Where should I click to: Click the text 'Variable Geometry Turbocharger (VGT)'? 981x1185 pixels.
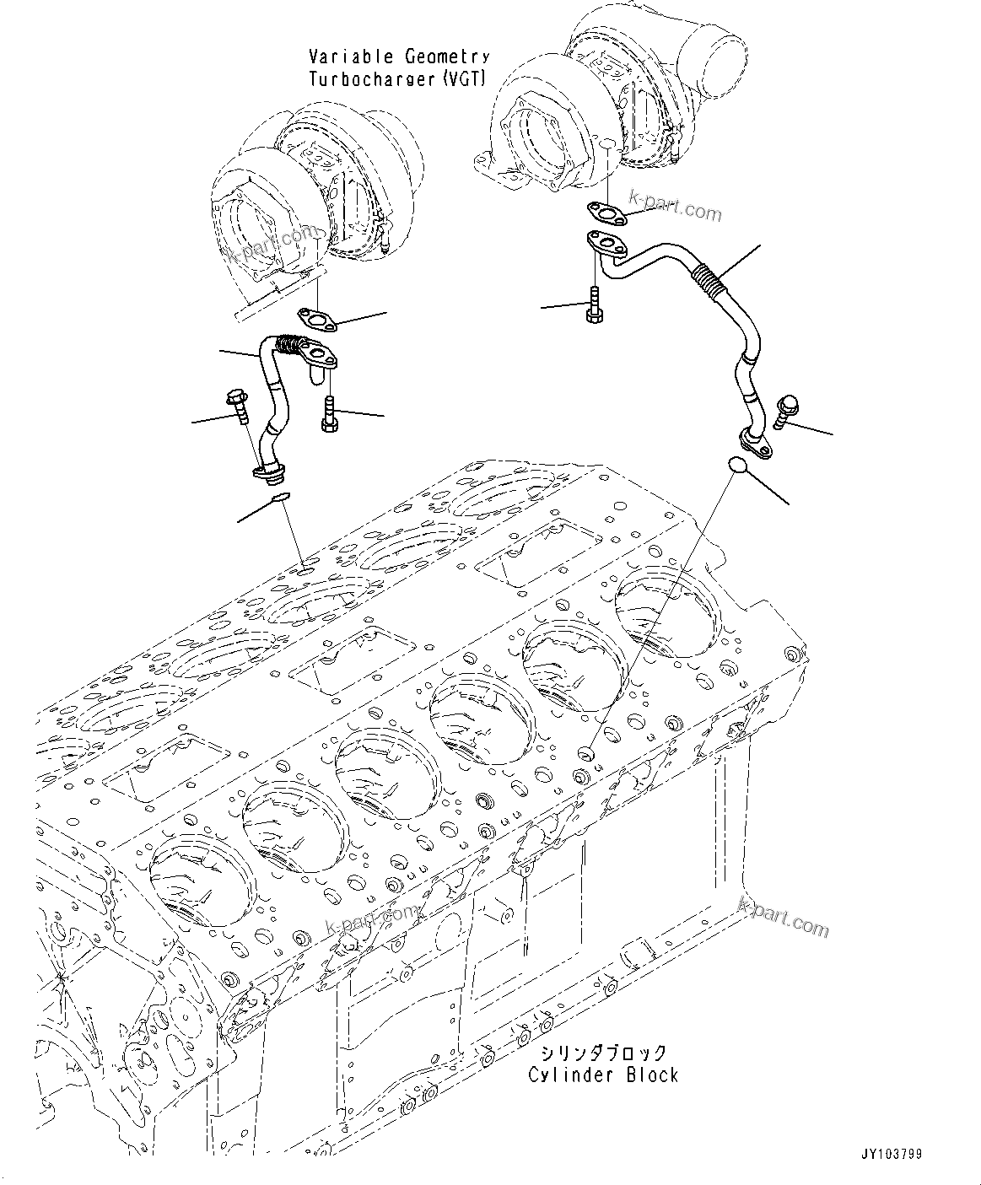point(398,68)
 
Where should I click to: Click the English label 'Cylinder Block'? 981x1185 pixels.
point(603,1075)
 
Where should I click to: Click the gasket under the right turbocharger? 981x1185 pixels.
point(604,214)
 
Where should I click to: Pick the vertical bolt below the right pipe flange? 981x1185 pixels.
point(593,304)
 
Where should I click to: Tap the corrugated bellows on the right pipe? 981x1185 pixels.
point(709,279)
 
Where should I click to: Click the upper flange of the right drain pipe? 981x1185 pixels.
point(606,244)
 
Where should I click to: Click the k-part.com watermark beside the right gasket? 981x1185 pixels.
point(679,208)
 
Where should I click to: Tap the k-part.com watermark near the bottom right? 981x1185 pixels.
point(783,917)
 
